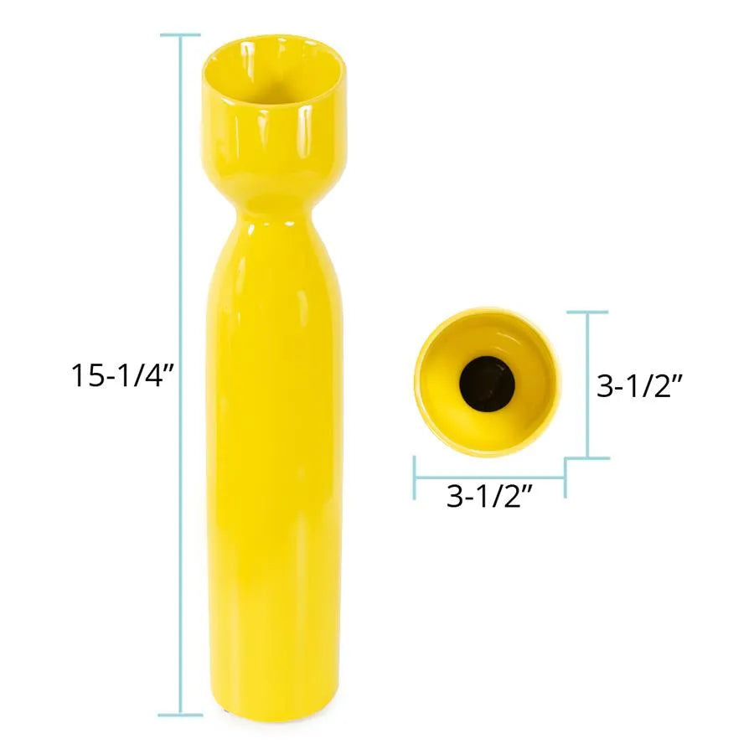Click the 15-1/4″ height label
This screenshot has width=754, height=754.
(121, 375)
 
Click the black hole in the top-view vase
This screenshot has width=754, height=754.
(487, 384)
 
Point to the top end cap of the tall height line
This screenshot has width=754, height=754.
(180, 34)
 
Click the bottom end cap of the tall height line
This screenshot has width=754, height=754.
(180, 715)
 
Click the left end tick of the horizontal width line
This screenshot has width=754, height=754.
(415, 478)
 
